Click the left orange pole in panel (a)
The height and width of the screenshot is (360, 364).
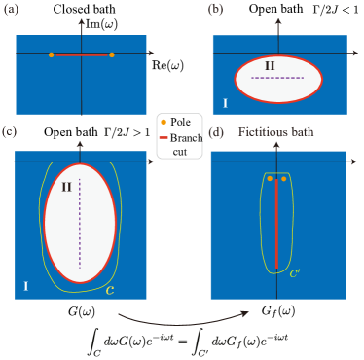[x=52, y=54]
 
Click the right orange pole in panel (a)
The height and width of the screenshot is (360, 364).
[x=112, y=54]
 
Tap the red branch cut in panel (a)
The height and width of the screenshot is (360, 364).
[x=82, y=54]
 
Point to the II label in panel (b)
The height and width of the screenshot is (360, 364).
[x=272, y=65]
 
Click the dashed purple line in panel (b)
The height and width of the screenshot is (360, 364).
[x=278, y=76]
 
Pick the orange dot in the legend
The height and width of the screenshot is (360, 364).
[x=163, y=121]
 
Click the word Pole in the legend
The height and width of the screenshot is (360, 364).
[x=181, y=121]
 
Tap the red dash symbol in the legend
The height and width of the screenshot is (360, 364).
[x=163, y=137]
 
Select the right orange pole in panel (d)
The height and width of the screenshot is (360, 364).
[x=284, y=179]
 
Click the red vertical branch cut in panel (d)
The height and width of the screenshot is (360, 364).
[x=276, y=224]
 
